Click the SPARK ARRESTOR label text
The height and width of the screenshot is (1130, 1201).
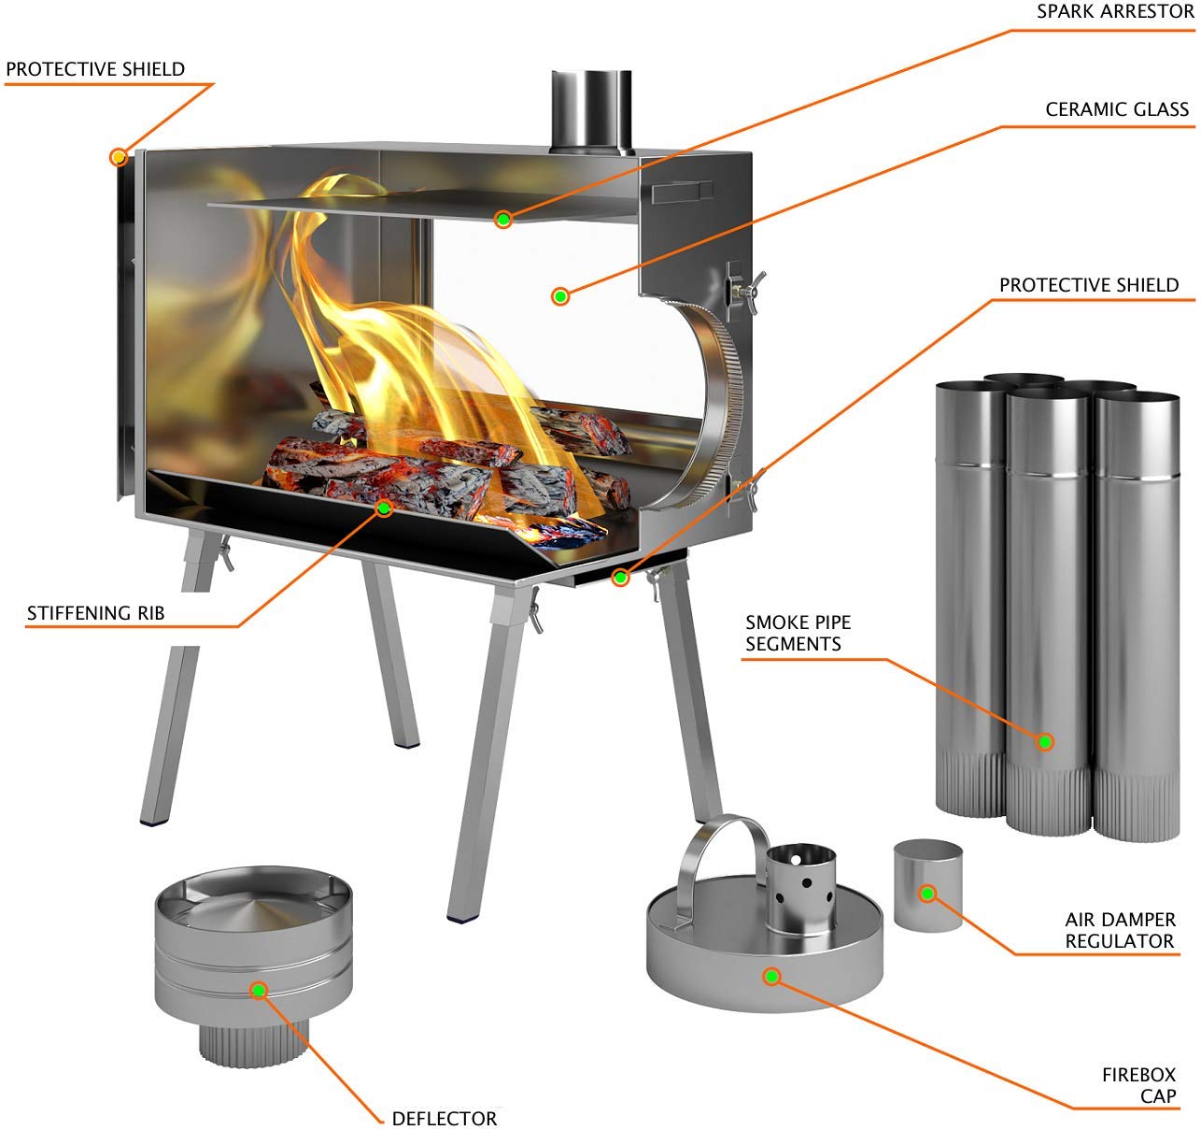coord(1114,12)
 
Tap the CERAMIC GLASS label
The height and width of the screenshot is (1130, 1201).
coord(1117,109)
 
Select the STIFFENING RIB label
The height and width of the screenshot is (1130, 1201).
coord(95,613)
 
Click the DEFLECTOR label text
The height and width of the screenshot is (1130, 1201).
coord(444,1118)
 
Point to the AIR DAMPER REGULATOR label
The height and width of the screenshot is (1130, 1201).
coord(1120,930)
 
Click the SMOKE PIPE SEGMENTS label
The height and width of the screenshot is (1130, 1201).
coord(798,633)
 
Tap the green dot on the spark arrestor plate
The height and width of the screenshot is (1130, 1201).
coord(503,220)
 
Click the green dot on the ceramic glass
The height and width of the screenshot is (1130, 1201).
coord(559,296)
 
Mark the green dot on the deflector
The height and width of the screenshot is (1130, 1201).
coord(259,990)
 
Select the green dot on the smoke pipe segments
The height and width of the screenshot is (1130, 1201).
coord(1045,742)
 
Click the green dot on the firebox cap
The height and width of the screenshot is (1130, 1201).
coord(771,977)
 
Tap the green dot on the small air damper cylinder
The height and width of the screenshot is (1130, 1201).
coord(927,894)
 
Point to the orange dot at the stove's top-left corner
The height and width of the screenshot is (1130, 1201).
coord(119,156)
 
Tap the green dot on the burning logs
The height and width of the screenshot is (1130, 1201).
coord(383,508)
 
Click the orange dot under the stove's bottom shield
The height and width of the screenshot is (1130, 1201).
coord(619,578)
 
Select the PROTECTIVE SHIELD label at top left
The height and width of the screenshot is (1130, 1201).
coord(95,69)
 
